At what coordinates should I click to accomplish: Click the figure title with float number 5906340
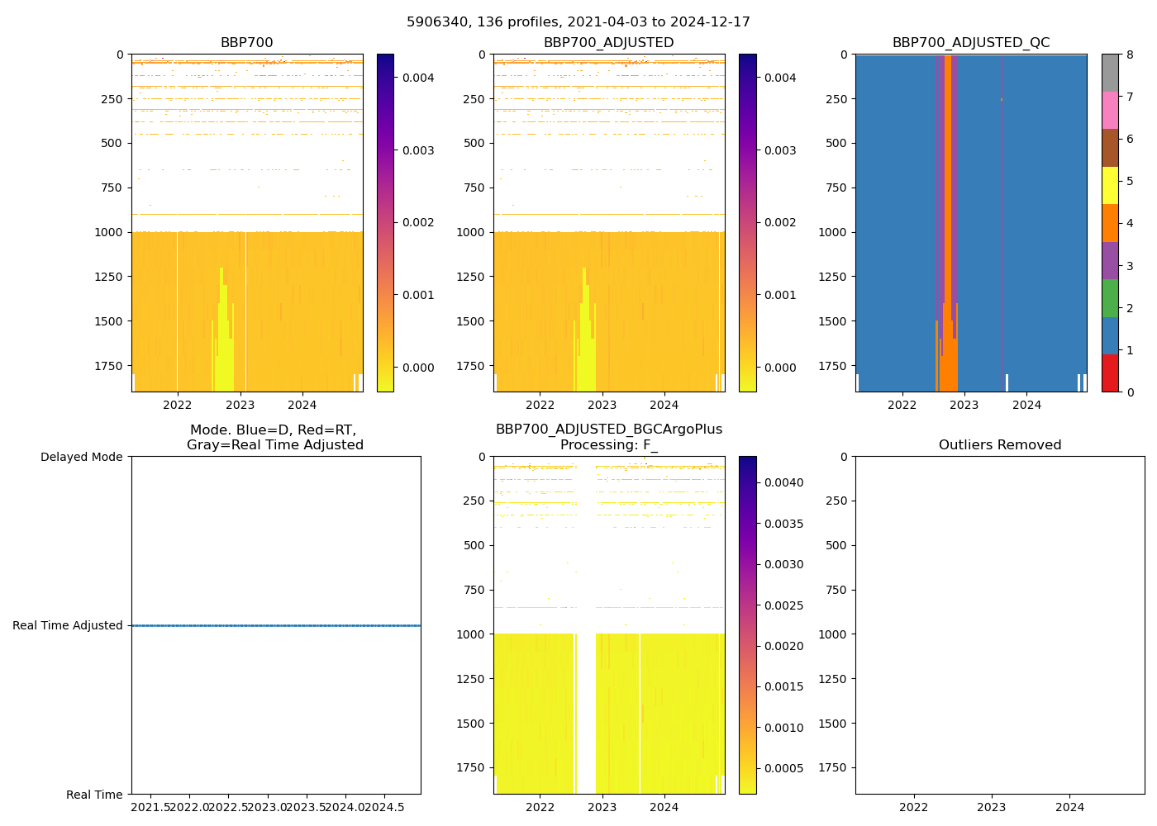tap(578, 22)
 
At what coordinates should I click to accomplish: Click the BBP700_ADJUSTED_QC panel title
tap(970, 43)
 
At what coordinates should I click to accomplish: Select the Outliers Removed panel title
tap(999, 445)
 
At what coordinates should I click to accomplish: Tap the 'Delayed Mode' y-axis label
tap(81, 457)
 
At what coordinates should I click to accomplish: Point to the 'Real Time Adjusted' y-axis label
tap(68, 625)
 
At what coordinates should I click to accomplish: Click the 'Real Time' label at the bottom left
tap(94, 795)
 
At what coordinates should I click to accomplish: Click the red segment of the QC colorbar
tap(1109, 373)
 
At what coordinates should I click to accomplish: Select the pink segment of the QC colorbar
tap(1109, 110)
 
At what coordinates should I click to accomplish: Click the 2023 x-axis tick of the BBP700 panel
tap(240, 405)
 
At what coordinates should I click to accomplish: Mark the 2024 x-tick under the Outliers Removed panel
tap(1069, 807)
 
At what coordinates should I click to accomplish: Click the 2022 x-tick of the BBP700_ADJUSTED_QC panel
tap(902, 405)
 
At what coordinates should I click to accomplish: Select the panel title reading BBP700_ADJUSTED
tap(608, 43)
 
